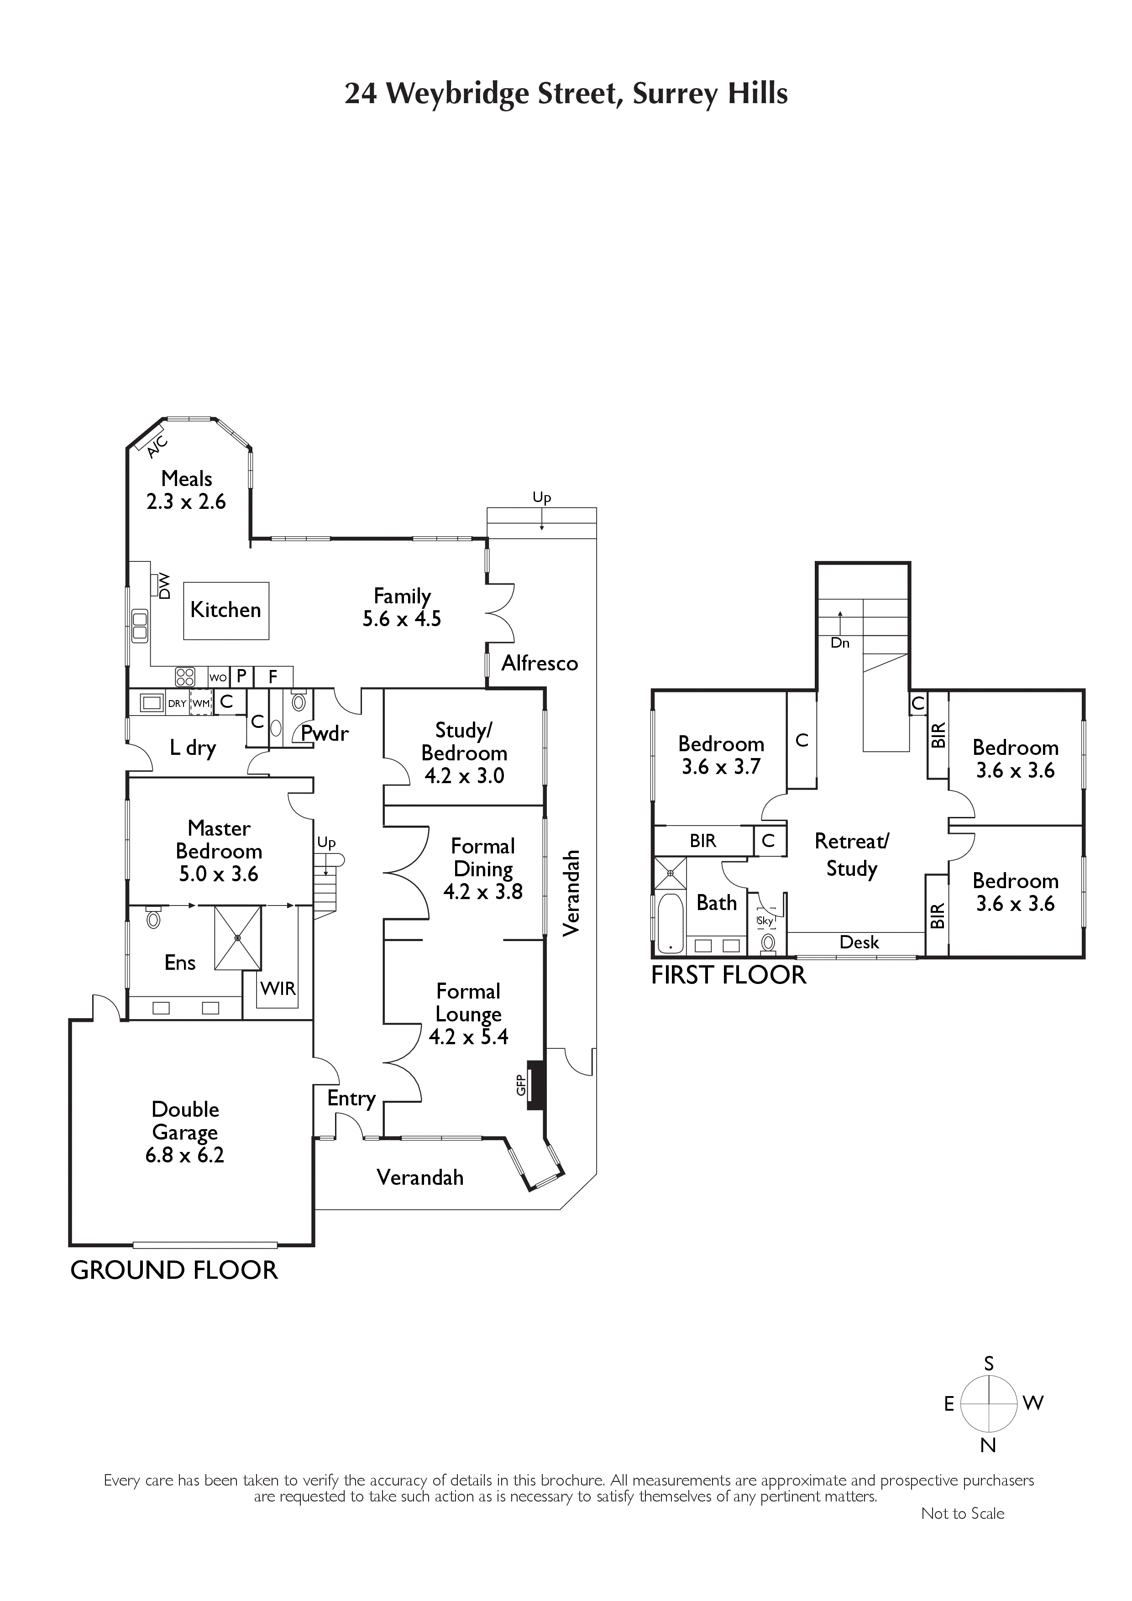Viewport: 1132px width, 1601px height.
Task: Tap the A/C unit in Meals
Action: [150, 436]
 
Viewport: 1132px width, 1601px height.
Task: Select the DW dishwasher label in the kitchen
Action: [164, 586]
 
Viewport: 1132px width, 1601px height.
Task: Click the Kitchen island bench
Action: [226, 611]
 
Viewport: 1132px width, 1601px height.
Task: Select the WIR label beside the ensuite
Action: [278, 988]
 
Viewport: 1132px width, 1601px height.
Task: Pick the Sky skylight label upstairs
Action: [765, 921]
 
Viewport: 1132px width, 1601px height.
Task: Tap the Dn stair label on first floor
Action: [840, 643]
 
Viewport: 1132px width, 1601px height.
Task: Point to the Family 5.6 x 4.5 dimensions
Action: [402, 618]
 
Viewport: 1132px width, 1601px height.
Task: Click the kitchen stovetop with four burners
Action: [185, 676]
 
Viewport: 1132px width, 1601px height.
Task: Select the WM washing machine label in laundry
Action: [201, 704]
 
